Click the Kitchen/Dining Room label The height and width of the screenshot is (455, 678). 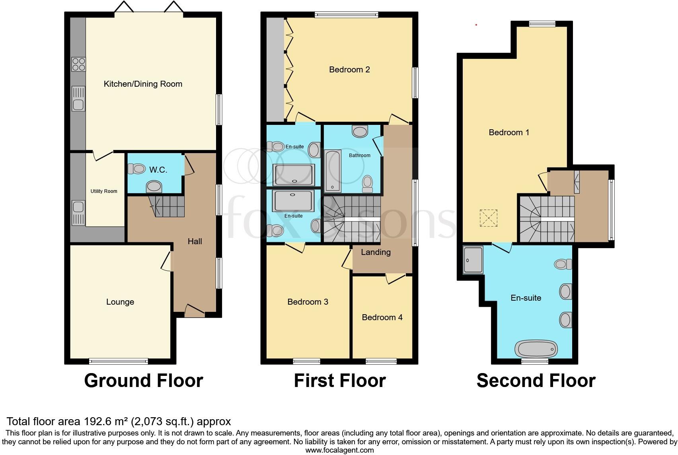[143, 84]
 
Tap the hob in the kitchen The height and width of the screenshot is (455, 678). [78, 64]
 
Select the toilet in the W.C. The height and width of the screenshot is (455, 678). [136, 169]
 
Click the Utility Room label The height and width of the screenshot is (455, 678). [104, 191]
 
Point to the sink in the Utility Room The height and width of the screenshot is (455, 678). [78, 213]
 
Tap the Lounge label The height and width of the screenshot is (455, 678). [120, 302]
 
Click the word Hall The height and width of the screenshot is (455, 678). [195, 241]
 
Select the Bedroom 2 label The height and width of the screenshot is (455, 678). [349, 70]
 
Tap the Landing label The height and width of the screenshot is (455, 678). [376, 252]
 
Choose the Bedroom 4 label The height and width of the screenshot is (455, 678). [382, 317]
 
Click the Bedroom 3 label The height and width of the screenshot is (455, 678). [308, 302]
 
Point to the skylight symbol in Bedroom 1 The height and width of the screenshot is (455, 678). [489, 218]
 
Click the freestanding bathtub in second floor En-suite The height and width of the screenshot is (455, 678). [536, 349]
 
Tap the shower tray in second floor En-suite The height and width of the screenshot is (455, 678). [473, 260]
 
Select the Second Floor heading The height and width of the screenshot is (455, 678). [536, 381]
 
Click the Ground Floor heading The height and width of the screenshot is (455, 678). [144, 381]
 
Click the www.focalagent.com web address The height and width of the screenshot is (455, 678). [339, 450]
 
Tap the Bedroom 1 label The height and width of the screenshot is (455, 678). [509, 132]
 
